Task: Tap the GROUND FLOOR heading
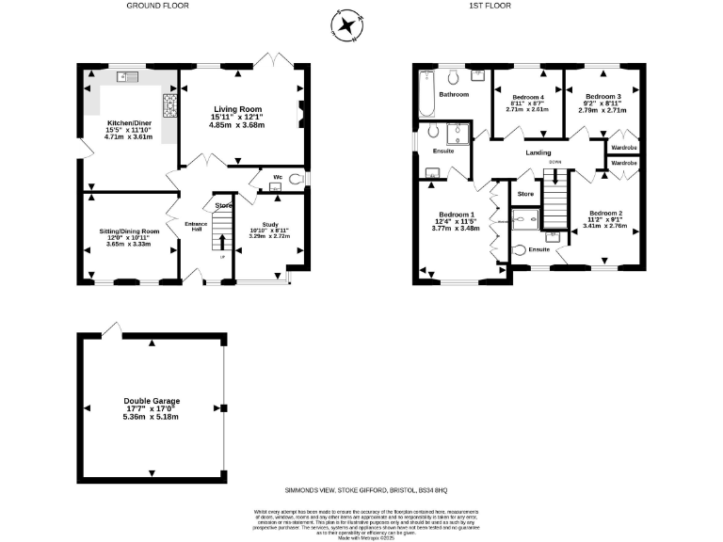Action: click(x=157, y=6)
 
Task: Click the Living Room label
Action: click(x=236, y=110)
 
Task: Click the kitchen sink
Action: click(x=125, y=77)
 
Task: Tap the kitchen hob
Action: click(x=171, y=104)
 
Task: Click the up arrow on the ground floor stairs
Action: click(x=222, y=242)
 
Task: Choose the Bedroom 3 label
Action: click(x=602, y=97)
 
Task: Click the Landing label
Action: click(x=538, y=152)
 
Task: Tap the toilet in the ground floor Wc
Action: click(x=297, y=178)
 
